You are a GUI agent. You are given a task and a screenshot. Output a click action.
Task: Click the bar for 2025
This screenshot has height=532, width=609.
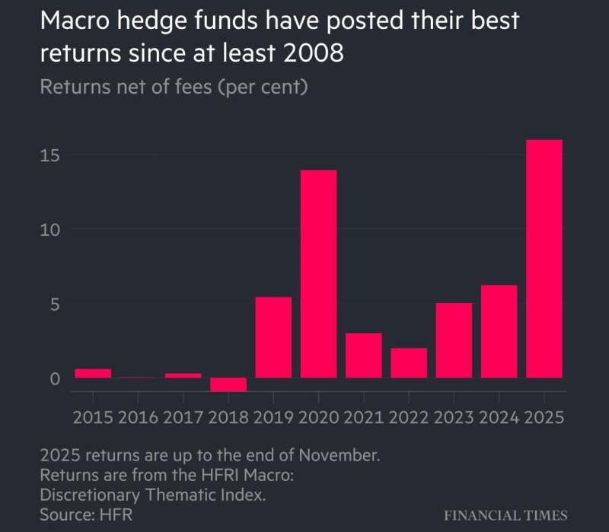click(x=544, y=259)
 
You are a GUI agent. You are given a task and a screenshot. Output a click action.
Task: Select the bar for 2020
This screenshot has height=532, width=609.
click(x=318, y=274)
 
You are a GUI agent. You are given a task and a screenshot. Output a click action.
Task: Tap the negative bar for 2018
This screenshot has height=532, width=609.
click(x=228, y=384)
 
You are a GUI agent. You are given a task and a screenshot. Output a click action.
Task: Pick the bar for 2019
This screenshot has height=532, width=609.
click(x=273, y=337)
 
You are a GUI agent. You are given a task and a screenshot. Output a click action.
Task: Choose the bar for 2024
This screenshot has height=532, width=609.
click(x=499, y=331)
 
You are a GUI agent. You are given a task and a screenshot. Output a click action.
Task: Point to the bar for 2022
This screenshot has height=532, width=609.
click(x=409, y=363)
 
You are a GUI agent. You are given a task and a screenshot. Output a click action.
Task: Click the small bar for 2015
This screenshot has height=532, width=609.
click(x=93, y=373)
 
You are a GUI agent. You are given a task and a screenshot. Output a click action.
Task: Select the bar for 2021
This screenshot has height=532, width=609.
click(x=364, y=355)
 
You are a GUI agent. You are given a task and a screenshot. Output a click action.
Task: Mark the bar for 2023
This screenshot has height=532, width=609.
click(x=454, y=340)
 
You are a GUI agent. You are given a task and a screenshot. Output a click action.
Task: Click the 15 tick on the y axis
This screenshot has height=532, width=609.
click(x=49, y=155)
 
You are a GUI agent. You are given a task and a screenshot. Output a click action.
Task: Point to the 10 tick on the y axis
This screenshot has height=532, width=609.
click(x=49, y=230)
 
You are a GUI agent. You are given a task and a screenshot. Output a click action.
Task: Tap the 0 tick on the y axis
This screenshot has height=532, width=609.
click(x=54, y=379)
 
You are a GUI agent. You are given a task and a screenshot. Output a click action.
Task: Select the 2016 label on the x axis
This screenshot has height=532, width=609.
click(x=138, y=418)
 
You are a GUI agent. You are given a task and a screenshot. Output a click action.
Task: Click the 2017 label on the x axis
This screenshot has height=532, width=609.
click(x=183, y=418)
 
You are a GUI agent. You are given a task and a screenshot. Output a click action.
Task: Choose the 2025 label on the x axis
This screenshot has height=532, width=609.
click(x=544, y=418)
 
